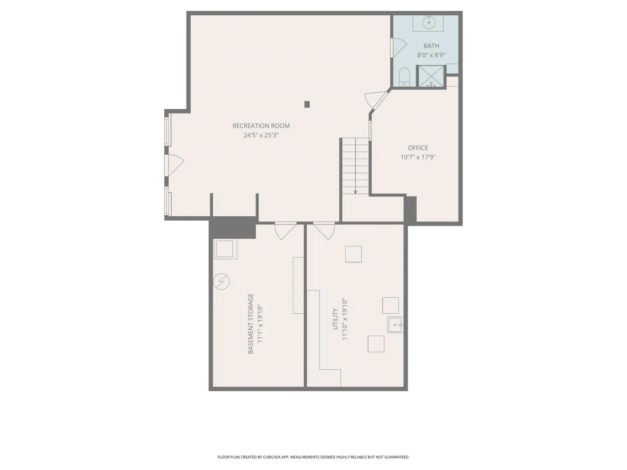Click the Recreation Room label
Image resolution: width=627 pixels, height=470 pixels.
click(x=261, y=126)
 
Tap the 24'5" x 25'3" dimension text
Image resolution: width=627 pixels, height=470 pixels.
click(x=261, y=135)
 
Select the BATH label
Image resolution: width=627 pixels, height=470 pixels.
click(x=431, y=46)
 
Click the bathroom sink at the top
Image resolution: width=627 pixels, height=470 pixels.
click(x=428, y=23)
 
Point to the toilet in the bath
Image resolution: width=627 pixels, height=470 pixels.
click(x=404, y=77)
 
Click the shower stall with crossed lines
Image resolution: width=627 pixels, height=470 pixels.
click(x=431, y=76)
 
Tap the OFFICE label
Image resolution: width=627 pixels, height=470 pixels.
click(x=418, y=148)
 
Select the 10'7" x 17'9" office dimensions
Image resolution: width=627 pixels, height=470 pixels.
click(x=418, y=157)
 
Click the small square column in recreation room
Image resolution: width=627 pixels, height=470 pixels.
click(x=307, y=104)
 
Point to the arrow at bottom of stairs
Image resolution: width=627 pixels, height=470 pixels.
click(x=355, y=192)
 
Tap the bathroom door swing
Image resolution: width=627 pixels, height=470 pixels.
click(x=398, y=48)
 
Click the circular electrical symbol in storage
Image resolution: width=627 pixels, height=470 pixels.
click(x=221, y=281)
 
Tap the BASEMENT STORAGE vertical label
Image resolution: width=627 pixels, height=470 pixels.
click(x=251, y=323)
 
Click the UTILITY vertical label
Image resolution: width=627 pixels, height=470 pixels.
click(x=335, y=319)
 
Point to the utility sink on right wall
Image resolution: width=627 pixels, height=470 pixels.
click(x=395, y=325)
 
